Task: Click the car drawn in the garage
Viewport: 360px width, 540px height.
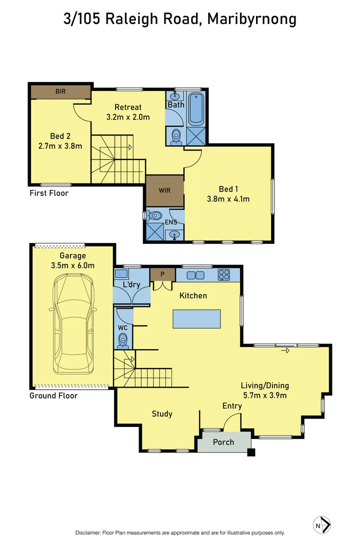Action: [72, 323]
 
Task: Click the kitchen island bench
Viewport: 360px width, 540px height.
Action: [196, 319]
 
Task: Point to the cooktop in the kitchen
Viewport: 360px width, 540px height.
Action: [224, 275]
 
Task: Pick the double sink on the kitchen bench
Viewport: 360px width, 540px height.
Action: [195, 275]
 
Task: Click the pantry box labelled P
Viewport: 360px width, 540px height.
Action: [162, 274]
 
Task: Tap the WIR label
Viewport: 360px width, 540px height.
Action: [164, 190]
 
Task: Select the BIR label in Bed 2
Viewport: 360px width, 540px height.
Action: [60, 91]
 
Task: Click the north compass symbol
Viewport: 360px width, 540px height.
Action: [322, 525]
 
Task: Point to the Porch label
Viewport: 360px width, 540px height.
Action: [223, 442]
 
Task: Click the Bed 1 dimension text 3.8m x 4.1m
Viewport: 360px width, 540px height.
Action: [228, 198]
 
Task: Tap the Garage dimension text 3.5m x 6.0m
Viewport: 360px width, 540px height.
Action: [72, 265]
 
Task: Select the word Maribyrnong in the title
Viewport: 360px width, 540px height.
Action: [252, 19]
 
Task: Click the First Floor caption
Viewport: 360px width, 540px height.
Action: [49, 193]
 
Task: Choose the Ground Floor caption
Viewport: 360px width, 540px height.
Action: [53, 395]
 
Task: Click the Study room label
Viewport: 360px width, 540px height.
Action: [162, 414]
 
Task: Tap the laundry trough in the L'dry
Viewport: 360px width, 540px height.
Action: [121, 274]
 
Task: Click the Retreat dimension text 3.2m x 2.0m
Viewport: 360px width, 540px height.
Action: [128, 116]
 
